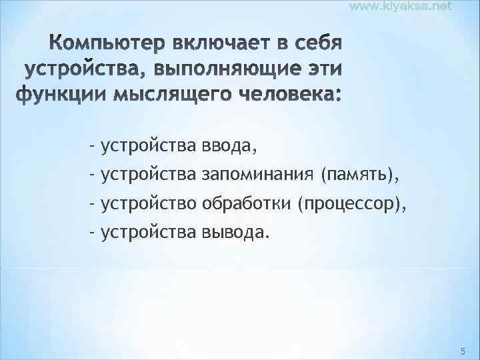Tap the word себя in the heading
tap(311, 45)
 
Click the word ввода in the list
tap(228, 145)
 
